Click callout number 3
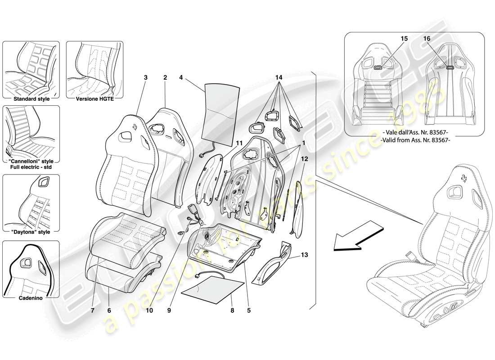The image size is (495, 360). (145, 77)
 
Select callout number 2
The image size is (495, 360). (165, 77)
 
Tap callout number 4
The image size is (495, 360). (181, 77)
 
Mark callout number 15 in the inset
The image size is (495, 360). (404, 39)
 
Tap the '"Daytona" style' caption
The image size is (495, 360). (31, 232)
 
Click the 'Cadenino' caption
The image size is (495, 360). (31, 298)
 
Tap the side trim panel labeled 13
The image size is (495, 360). (274, 263)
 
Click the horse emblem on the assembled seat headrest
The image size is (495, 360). (463, 179)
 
